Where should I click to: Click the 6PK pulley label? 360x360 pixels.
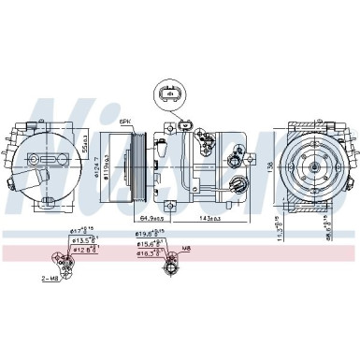pyautogui.click(x=127, y=122)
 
